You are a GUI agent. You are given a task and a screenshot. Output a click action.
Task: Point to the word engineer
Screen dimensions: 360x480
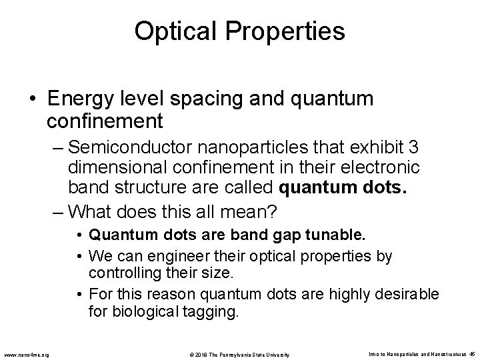(159, 256)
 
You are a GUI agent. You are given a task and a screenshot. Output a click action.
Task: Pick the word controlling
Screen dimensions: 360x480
(121, 271)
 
